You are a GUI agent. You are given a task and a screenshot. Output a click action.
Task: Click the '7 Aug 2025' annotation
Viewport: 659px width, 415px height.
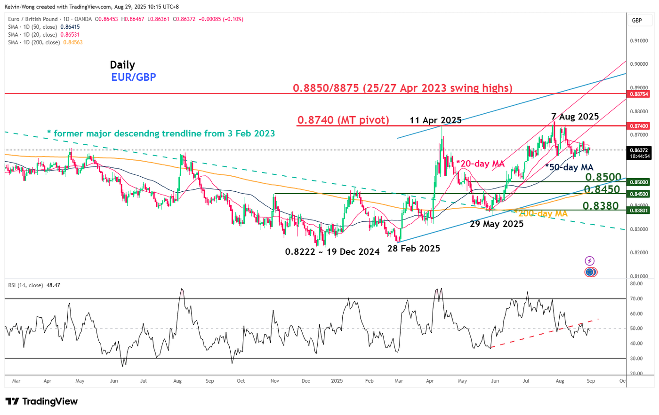click(x=575, y=117)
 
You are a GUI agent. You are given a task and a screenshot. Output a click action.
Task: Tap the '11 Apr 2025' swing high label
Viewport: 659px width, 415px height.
click(x=435, y=120)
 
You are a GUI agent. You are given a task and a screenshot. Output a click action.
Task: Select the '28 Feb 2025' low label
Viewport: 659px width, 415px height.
click(x=414, y=249)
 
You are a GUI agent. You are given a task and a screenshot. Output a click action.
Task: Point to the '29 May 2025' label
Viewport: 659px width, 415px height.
click(x=497, y=224)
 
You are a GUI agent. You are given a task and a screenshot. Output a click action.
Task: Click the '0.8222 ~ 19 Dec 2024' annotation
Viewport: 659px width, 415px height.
click(x=332, y=252)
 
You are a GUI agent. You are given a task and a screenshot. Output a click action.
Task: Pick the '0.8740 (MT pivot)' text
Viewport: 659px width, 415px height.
click(x=343, y=120)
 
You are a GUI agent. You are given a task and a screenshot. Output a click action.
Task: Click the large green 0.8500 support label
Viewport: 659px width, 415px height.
click(x=603, y=177)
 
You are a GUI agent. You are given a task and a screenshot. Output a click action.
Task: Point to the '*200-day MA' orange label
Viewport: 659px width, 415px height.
click(x=540, y=213)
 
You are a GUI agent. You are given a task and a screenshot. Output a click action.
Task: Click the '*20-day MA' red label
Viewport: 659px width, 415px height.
click(x=480, y=164)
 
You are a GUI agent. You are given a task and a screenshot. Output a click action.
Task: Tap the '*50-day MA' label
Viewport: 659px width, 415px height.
click(x=569, y=167)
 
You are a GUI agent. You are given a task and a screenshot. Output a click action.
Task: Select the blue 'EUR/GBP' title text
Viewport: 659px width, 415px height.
click(x=134, y=77)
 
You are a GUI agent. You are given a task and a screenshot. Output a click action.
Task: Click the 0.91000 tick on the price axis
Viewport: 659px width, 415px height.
click(x=638, y=41)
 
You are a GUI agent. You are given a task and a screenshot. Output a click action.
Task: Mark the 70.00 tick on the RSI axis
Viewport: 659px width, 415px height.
click(x=636, y=299)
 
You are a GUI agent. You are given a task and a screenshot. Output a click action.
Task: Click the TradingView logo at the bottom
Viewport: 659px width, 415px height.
click(x=41, y=401)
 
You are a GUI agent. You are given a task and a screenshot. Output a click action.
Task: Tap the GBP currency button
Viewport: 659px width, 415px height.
click(x=637, y=20)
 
